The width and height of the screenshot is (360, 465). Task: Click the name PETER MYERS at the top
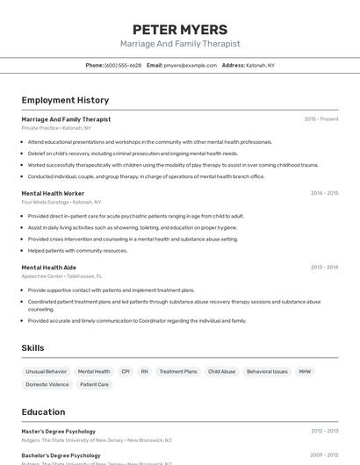(179, 30)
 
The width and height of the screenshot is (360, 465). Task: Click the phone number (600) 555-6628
(123, 65)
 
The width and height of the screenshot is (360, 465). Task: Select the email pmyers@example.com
(190, 65)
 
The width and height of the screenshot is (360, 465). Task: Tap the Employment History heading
(65, 100)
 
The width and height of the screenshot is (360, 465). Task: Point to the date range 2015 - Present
(320, 118)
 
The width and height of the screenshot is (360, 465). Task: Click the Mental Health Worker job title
(53, 193)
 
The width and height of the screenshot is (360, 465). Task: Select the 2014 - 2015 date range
(324, 193)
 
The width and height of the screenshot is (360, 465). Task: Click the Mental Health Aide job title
(49, 268)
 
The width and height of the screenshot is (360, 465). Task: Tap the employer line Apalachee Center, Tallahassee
(61, 276)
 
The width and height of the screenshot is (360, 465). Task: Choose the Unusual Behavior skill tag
(46, 371)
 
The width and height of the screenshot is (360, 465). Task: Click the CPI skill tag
(126, 371)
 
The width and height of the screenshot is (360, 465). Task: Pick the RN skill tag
(145, 371)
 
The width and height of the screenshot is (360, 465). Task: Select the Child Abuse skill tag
(221, 371)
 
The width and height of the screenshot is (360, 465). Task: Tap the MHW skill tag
(305, 371)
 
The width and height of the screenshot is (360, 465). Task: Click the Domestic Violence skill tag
(47, 384)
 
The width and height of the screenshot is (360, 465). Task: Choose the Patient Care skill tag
(94, 384)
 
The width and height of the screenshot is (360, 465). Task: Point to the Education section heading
(43, 411)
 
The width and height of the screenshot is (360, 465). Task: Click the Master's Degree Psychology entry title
(58, 431)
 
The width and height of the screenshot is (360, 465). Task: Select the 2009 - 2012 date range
(324, 455)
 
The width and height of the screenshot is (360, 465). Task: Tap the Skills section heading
(32, 348)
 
